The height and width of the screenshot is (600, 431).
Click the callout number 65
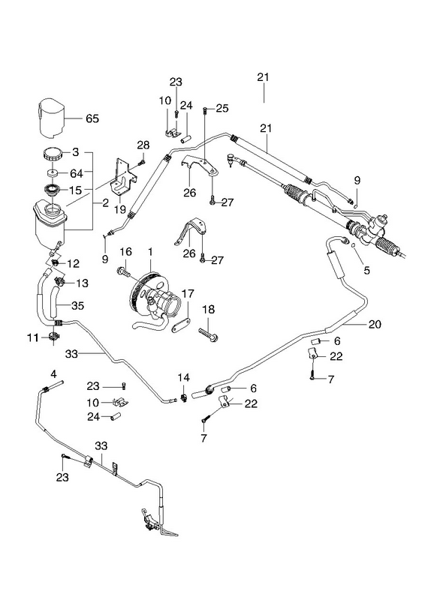click(92, 118)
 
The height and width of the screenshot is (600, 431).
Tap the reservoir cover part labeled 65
click(53, 118)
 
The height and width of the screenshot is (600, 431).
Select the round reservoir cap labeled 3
click(53, 155)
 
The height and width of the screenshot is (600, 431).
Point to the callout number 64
click(77, 174)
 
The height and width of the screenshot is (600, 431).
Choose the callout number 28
click(143, 145)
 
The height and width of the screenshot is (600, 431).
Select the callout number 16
click(125, 252)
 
